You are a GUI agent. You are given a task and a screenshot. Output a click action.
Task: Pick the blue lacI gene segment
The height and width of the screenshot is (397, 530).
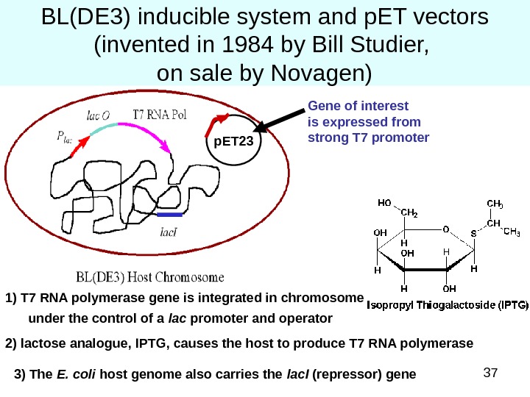point(169,215)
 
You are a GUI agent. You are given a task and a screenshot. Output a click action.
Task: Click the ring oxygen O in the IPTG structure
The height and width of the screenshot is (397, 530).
point(445,229)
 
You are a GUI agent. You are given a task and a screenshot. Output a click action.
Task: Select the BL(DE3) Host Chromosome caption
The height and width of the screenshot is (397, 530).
point(150,278)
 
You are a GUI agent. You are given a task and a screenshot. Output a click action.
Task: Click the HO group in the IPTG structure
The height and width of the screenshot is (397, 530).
point(384,202)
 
